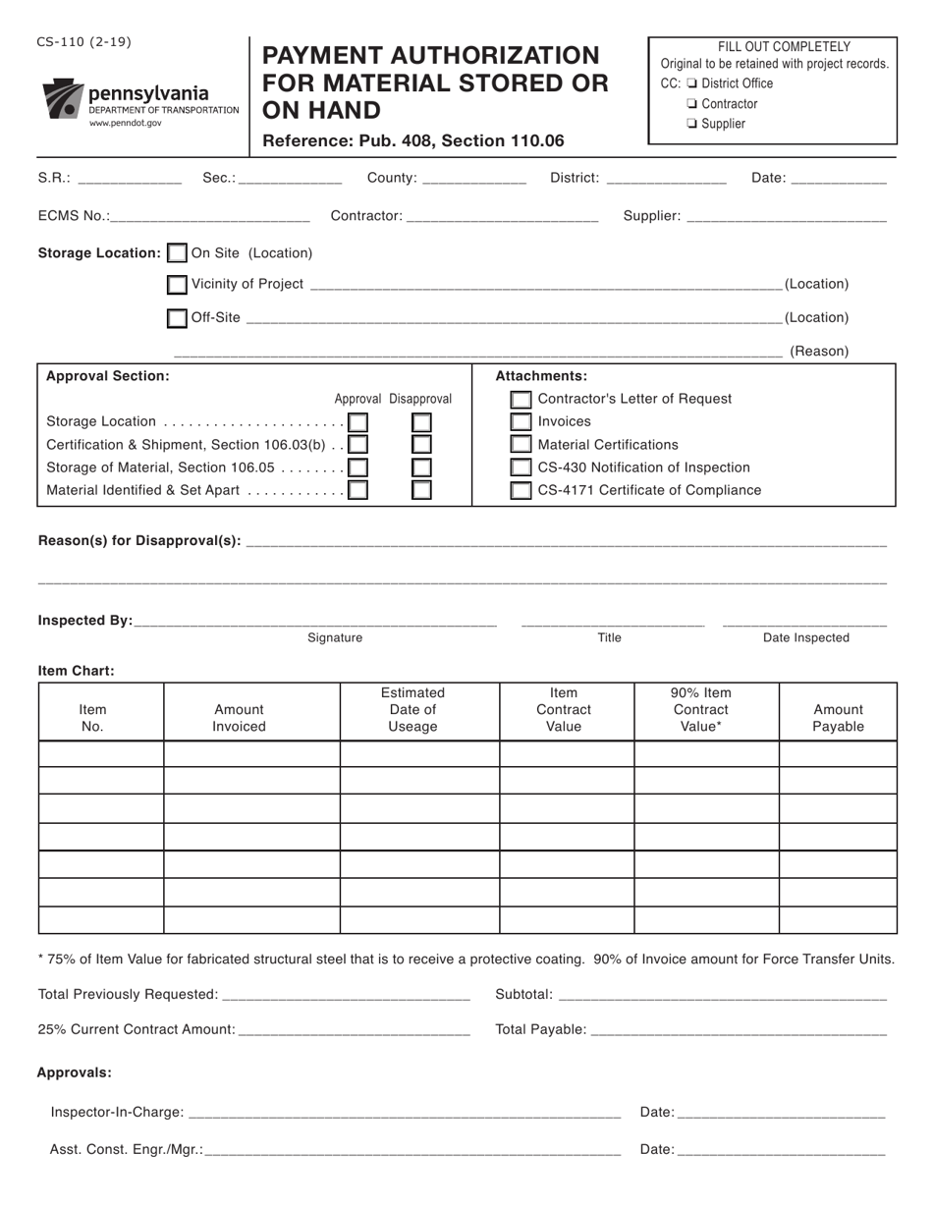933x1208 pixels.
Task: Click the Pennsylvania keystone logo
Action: point(63,99)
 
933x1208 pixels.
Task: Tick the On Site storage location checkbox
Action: point(177,253)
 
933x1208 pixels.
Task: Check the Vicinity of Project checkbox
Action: point(177,285)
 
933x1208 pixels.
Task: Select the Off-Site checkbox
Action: point(177,318)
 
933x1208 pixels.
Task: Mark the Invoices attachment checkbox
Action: point(521,422)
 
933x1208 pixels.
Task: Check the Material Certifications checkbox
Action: point(521,445)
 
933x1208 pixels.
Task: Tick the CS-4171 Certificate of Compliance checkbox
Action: point(521,490)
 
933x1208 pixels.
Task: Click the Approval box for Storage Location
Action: point(358,422)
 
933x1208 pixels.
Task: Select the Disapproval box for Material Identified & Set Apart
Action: point(421,490)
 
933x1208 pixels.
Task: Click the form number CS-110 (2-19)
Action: point(84,42)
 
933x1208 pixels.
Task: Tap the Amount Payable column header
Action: point(838,718)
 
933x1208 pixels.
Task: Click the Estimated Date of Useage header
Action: point(412,710)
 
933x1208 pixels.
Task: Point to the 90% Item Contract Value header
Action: point(700,710)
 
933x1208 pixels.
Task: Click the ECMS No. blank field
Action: point(210,217)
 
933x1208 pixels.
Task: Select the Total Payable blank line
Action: point(739,1030)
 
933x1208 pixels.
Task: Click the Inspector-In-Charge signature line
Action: point(404,1113)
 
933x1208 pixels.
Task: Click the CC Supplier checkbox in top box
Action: point(692,124)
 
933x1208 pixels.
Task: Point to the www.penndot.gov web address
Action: point(126,124)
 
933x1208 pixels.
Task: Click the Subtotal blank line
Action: point(721,995)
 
